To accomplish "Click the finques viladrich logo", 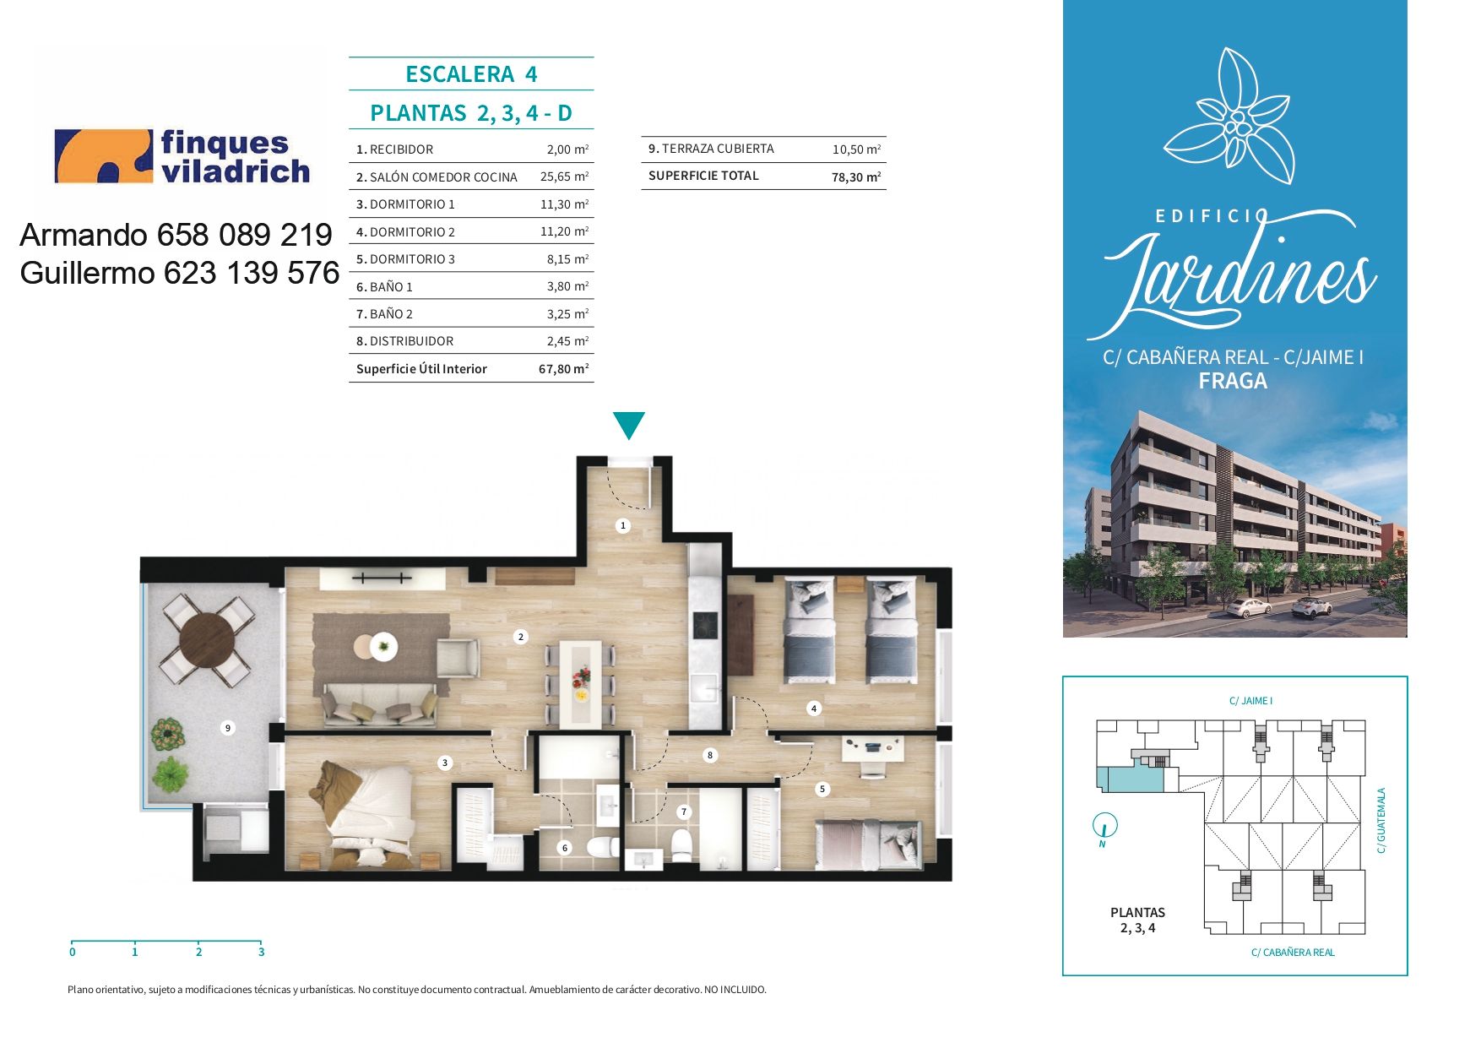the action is pyautogui.click(x=182, y=156).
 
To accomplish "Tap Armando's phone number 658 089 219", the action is pyautogui.click(x=245, y=235).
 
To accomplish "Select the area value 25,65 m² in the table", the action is pyautogui.click(x=564, y=176).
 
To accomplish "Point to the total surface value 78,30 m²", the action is pyautogui.click(x=856, y=176).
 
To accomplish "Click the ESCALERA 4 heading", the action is pyautogui.click(x=471, y=74).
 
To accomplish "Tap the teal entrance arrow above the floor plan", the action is pyautogui.click(x=629, y=425).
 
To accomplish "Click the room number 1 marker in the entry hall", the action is pyautogui.click(x=623, y=525).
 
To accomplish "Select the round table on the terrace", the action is pyautogui.click(x=206, y=639).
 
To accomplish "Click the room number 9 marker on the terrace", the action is pyautogui.click(x=227, y=728).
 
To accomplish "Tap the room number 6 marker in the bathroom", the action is pyautogui.click(x=565, y=848).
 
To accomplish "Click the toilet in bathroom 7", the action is pyautogui.click(x=681, y=844).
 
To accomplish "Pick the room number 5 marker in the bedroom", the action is pyautogui.click(x=822, y=790).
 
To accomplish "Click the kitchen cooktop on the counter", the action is pyautogui.click(x=705, y=626).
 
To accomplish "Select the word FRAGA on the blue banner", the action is pyautogui.click(x=1233, y=382).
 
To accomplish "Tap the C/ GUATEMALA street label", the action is pyautogui.click(x=1381, y=820).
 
